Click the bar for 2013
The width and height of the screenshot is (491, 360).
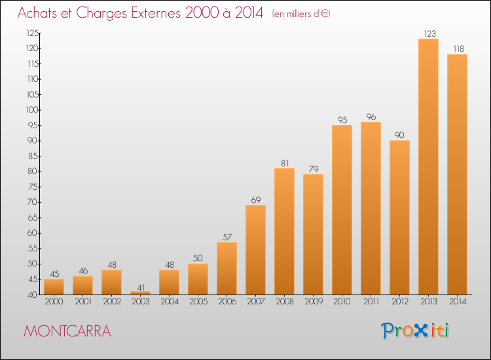[428, 167]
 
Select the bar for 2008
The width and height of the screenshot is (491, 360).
[284, 232]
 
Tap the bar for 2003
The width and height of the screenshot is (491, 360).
[140, 293]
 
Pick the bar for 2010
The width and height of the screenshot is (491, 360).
[342, 210]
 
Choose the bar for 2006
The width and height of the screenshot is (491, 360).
[227, 268]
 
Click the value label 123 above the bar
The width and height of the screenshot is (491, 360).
[428, 33]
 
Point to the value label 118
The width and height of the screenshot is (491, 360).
[457, 48]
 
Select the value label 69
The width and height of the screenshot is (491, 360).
[255, 199]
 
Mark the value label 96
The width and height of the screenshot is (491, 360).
[371, 117]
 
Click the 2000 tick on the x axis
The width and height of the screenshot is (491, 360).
[54, 302]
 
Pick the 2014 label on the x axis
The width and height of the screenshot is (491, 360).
[457, 302]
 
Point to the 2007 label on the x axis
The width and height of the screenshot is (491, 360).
[255, 302]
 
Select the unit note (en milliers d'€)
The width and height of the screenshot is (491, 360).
[301, 14]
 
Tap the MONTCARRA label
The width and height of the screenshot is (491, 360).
[67, 331]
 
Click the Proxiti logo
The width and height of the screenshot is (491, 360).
[415, 331]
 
